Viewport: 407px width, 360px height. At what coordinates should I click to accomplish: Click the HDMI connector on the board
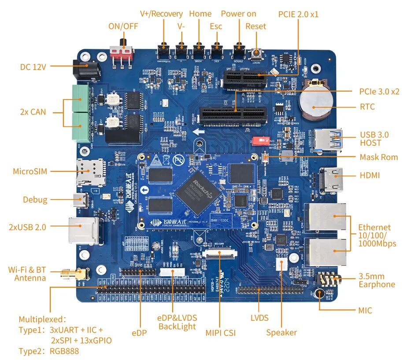point(333,179)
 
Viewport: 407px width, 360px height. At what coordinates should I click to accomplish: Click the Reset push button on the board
point(256,54)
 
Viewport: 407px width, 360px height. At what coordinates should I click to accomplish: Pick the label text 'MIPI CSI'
point(220,333)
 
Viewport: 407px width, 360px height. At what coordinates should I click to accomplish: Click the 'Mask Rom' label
point(378,157)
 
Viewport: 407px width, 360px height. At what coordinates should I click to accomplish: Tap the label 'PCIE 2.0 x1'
point(298,14)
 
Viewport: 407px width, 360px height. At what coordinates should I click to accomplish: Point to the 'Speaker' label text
point(281,333)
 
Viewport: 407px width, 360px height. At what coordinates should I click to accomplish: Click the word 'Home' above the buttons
point(200,14)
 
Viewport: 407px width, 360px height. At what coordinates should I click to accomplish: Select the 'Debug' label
point(35,200)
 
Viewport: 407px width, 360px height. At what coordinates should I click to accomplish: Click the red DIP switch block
point(260,141)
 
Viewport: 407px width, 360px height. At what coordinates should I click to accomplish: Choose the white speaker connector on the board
point(281,264)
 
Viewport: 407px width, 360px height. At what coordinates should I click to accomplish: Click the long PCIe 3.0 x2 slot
point(233,114)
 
